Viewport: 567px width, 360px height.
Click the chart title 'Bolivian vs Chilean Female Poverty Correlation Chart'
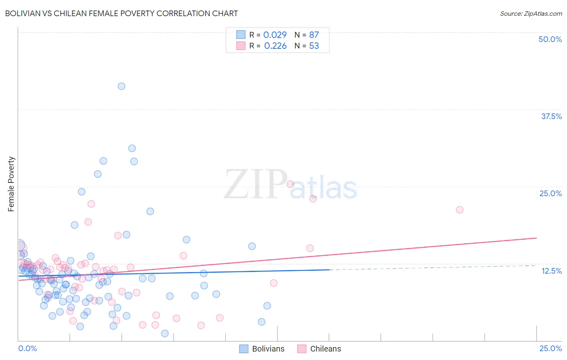pos(121,13)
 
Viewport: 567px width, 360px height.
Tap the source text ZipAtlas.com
pos(531,13)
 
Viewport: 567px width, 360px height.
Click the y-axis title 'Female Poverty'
pos(11,184)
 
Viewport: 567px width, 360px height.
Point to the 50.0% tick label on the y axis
pos(550,39)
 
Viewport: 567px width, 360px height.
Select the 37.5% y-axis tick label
pos(551,116)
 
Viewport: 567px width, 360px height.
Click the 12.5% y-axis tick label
pos(551,271)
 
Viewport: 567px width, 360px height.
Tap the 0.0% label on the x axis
pos(27,348)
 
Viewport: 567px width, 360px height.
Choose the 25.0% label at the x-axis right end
pos(550,348)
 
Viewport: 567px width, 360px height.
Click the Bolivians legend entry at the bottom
pos(262,349)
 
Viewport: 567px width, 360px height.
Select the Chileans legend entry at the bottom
pos(319,349)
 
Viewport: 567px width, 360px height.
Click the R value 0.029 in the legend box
pos(275,35)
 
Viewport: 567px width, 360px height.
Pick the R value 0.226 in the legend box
pos(275,46)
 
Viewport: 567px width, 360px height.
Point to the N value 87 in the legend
pos(314,35)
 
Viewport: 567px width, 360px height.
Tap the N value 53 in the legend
pos(314,46)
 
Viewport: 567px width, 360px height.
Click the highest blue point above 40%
pos(121,86)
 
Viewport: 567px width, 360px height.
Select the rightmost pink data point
pos(459,210)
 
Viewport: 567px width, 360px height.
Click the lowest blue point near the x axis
pos(165,333)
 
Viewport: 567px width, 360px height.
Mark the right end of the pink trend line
pos(536,238)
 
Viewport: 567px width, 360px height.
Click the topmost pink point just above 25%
pos(290,184)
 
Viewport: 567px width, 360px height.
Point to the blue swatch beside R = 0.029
pos(241,35)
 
